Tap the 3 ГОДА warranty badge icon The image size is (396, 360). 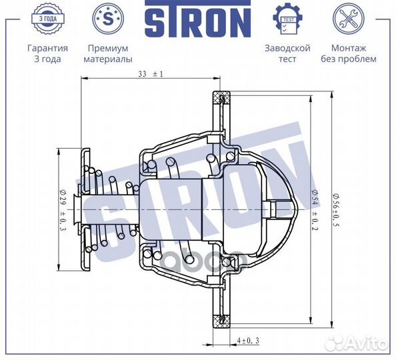click(47, 19)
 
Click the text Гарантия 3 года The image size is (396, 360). click(47, 53)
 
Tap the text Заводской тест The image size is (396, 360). click(288, 53)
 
